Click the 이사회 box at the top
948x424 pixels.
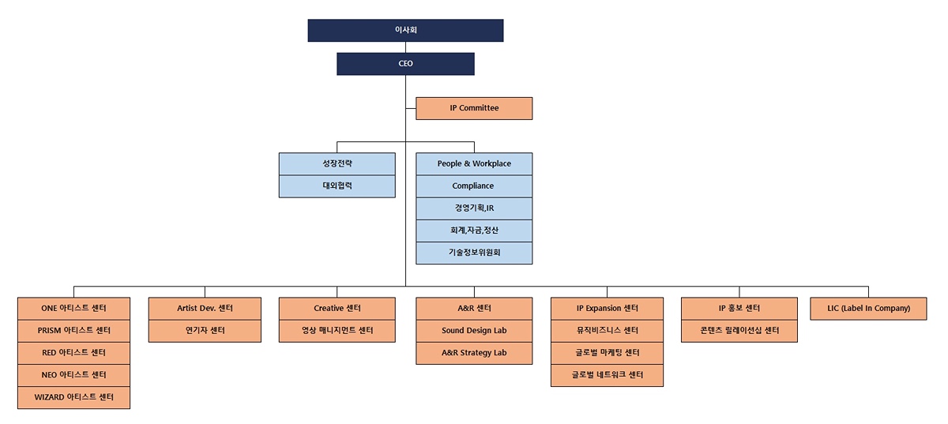point(405,30)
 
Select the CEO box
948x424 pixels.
point(405,64)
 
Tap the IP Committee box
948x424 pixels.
point(474,108)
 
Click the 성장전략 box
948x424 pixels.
point(337,163)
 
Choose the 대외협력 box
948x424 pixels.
point(337,186)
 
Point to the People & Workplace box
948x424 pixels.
point(474,163)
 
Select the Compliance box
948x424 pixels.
point(474,186)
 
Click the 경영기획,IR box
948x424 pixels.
point(474,208)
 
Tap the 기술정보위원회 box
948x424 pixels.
point(474,253)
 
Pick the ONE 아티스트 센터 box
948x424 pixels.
point(73,308)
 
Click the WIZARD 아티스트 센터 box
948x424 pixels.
point(73,397)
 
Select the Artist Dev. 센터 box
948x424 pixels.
point(205,308)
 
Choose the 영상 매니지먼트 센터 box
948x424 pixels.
point(337,330)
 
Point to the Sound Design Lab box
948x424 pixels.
point(474,330)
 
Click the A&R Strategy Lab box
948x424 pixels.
point(474,353)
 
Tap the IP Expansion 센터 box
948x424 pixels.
point(607,308)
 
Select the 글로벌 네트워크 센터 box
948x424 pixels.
point(607,375)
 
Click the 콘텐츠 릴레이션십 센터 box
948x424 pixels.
point(739,330)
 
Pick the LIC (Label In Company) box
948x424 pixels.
point(869,308)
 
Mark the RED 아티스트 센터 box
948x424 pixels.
point(73,353)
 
